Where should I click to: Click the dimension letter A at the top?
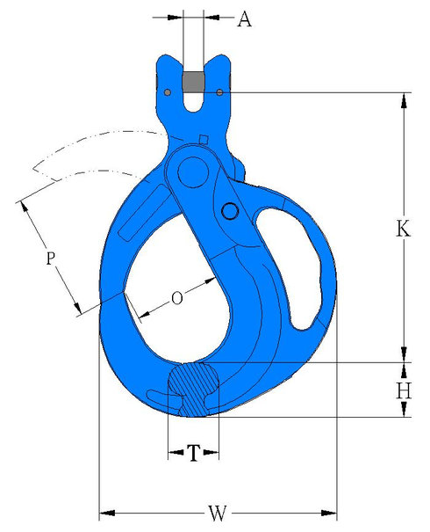tap(244, 18)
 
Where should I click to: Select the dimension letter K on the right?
tap(403, 229)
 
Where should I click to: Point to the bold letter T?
tap(192, 453)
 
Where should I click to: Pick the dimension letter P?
tap(51, 258)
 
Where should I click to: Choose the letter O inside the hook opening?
tap(176, 299)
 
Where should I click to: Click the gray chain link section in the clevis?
tap(194, 80)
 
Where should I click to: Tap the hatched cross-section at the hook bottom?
tap(192, 387)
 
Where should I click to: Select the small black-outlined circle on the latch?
tap(230, 210)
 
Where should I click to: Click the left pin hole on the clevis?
tap(168, 91)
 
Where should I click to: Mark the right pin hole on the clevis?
tap(219, 91)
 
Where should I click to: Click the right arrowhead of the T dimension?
tap(213, 453)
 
